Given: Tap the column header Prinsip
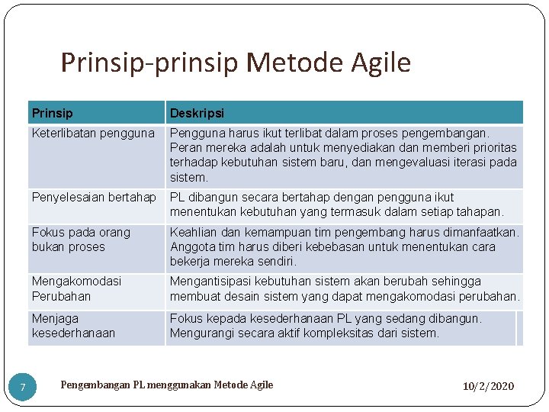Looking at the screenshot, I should point(53,113).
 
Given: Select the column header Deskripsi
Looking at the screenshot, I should point(197,113).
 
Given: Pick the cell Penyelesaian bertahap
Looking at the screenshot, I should point(94,198).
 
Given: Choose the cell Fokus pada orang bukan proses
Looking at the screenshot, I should point(81,240).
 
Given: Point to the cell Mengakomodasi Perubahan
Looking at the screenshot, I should point(76,288).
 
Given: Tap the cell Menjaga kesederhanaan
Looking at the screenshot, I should point(73,326).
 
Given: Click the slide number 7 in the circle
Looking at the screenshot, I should point(23,388).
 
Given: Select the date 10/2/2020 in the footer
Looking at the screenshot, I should point(488,386).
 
